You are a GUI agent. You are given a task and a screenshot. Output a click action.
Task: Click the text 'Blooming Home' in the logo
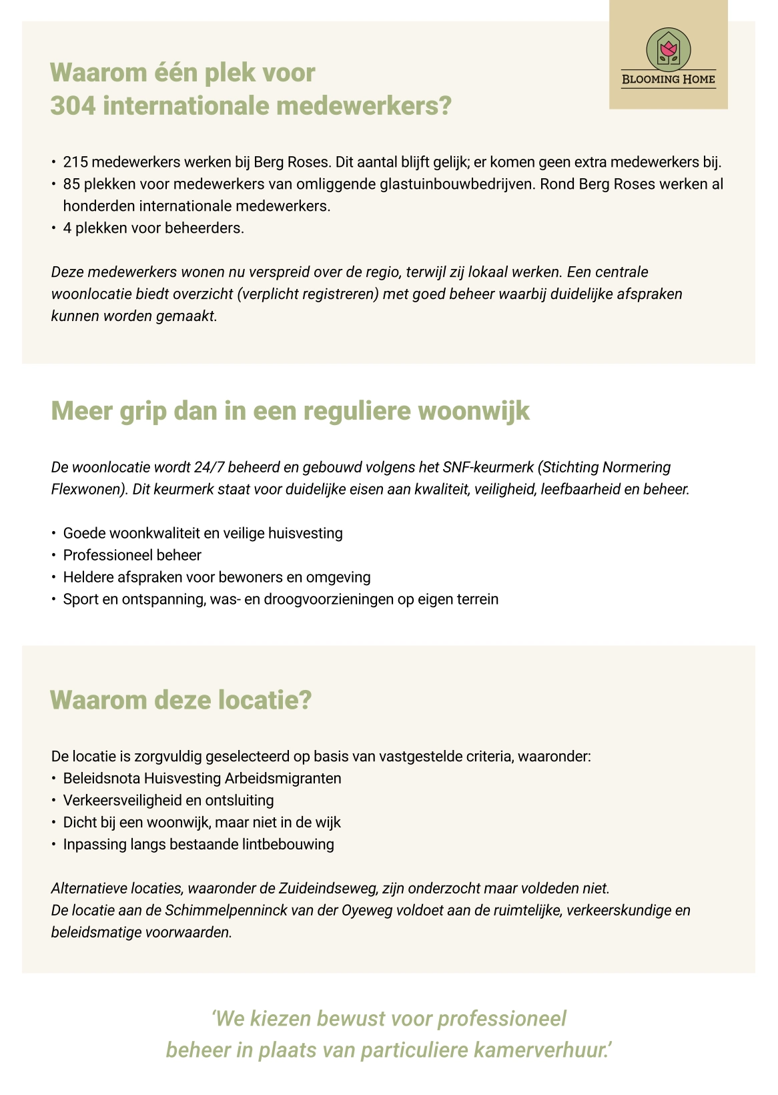668,79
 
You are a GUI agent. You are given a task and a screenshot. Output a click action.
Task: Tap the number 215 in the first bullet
75,162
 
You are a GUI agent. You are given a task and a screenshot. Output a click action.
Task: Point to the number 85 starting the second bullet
71,184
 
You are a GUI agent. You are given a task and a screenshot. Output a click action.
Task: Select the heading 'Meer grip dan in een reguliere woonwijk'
290,411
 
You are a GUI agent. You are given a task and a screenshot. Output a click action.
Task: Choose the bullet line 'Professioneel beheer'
132,555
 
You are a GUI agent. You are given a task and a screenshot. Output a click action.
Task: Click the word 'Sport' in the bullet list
81,599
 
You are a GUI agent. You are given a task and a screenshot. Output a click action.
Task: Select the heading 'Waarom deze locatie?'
181,701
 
